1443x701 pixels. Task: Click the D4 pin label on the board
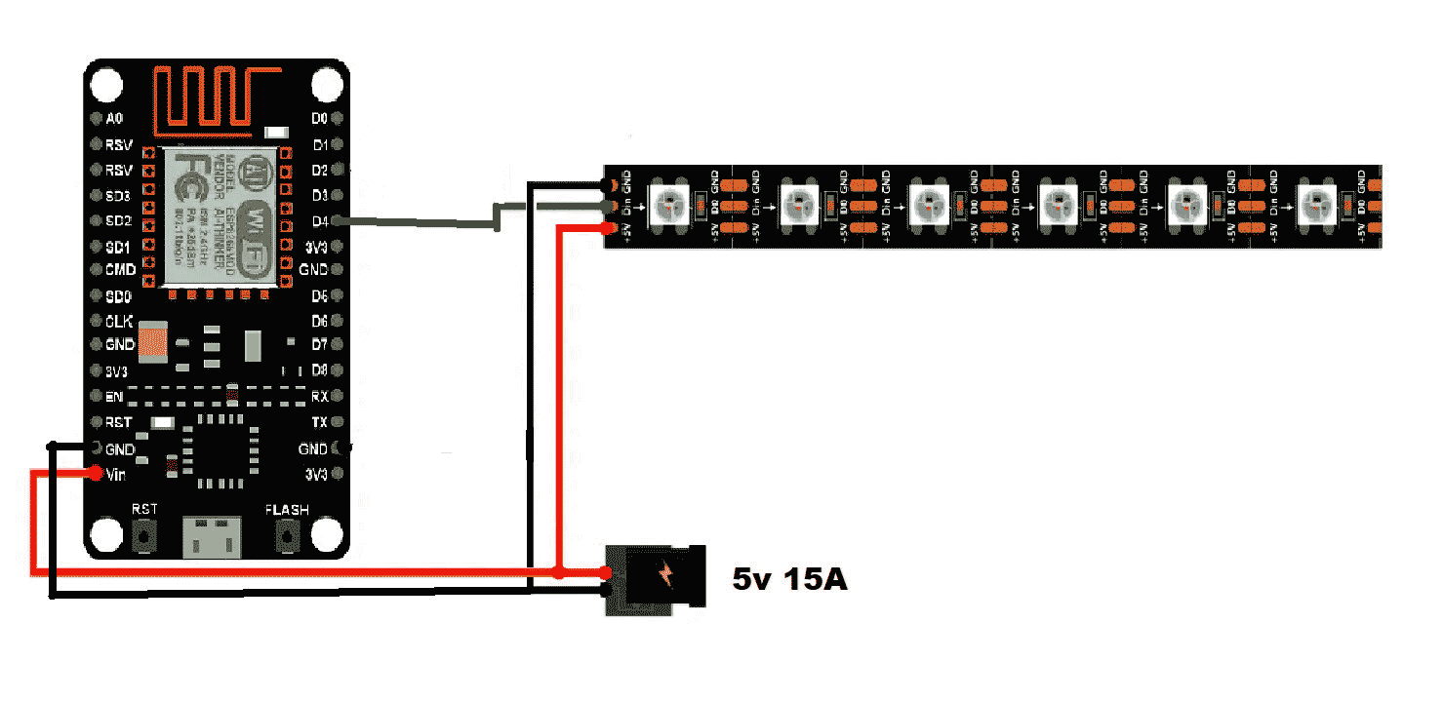tap(319, 220)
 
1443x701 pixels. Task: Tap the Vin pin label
tap(115, 475)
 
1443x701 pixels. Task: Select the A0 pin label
tap(114, 119)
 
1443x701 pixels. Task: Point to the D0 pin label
tap(319, 119)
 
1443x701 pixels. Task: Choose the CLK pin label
tap(119, 321)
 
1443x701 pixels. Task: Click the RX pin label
tap(319, 397)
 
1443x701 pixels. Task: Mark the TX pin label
tap(319, 422)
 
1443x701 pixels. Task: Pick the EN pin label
tap(113, 397)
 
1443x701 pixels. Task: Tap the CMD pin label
tap(120, 270)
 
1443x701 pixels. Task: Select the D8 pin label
tap(319, 370)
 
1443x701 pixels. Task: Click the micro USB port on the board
tap(214, 536)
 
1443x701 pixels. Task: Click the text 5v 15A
tap(790, 580)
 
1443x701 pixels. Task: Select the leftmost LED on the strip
tap(669, 205)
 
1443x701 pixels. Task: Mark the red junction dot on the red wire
tap(557, 571)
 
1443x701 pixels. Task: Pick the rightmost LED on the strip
tap(1317, 205)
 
